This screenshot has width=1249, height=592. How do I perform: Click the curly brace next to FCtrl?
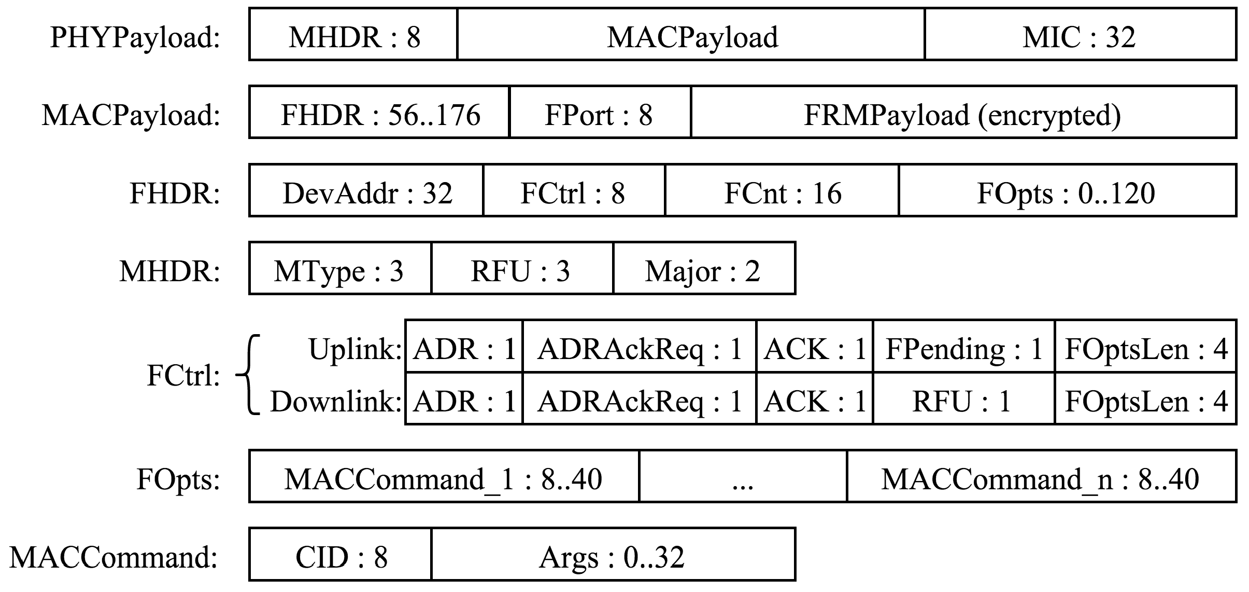coord(249,375)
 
